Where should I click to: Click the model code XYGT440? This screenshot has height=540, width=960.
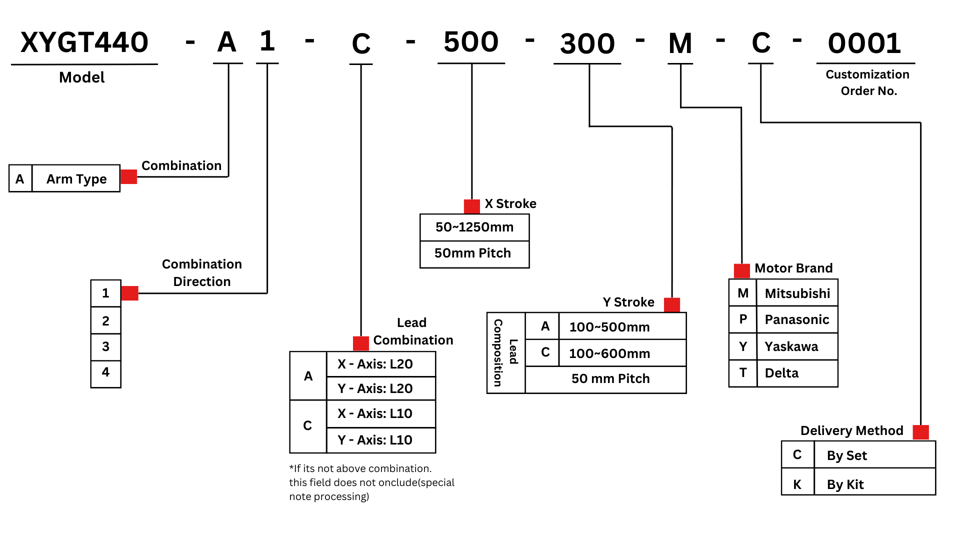pos(84,42)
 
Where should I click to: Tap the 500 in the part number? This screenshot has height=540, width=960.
pos(471,42)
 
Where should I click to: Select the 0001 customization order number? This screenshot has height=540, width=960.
pos(864,43)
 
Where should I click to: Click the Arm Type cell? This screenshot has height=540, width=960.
pos(76,179)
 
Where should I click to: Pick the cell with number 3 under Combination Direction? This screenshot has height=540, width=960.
pos(105,346)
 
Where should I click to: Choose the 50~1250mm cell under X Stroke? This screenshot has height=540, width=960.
pos(474,227)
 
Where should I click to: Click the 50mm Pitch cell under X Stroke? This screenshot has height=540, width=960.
pos(472,253)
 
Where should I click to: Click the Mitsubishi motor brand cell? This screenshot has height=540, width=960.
pos(797,293)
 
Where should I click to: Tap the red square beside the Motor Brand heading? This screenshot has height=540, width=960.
pos(741,270)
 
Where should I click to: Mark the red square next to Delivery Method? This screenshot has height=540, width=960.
pos(920,432)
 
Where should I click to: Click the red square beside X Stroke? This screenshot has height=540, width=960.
pos(471,206)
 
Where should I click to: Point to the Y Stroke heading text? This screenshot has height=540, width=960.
pos(628,302)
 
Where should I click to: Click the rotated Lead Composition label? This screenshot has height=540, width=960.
pos(505,352)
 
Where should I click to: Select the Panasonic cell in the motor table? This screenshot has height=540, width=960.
pos(797,319)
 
